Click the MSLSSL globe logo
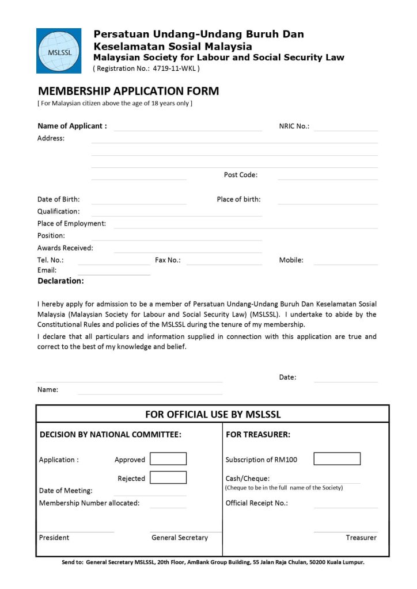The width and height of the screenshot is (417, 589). pyautogui.click(x=58, y=51)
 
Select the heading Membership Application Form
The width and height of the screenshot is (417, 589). pyautogui.click(x=128, y=91)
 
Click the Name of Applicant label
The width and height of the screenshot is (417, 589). pyautogui.click(x=72, y=126)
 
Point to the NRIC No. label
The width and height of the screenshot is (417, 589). pyautogui.click(x=294, y=126)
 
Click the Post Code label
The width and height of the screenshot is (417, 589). pyautogui.click(x=241, y=175)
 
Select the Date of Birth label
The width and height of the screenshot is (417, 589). pyautogui.click(x=59, y=200)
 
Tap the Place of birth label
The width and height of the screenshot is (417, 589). pyautogui.click(x=238, y=200)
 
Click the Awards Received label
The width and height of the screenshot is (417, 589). pyautogui.click(x=65, y=248)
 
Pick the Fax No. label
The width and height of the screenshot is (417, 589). pyautogui.click(x=168, y=260)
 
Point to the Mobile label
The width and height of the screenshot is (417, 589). pyautogui.click(x=291, y=260)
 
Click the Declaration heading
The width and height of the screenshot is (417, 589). pyautogui.click(x=60, y=281)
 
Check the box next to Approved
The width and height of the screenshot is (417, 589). pyautogui.click(x=168, y=459)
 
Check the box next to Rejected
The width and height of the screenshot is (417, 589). pyautogui.click(x=168, y=477)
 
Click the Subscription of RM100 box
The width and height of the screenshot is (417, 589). pyautogui.click(x=337, y=459)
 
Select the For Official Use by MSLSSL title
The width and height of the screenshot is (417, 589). pyautogui.click(x=213, y=414)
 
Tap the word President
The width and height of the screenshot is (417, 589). pyautogui.click(x=54, y=537)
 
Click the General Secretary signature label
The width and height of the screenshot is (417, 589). pyautogui.click(x=180, y=537)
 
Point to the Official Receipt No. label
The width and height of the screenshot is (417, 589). pyautogui.click(x=256, y=503)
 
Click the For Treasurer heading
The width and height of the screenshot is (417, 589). pyautogui.click(x=258, y=435)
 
